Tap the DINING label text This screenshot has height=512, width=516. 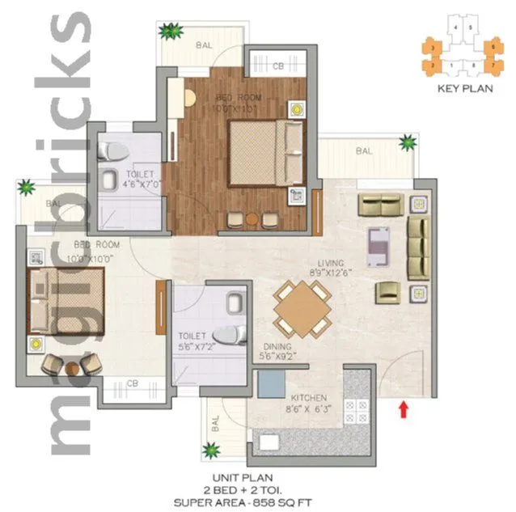[275, 343]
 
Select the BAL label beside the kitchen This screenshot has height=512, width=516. [215, 421]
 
